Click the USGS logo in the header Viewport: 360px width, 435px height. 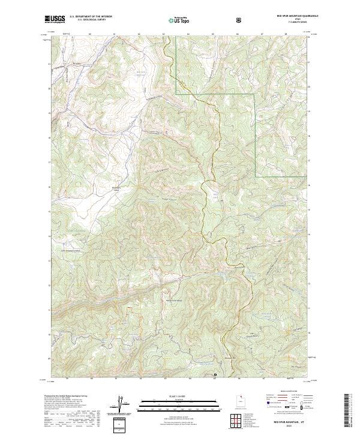(x=55, y=19)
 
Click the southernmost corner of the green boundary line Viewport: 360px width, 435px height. (x=256, y=176)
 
